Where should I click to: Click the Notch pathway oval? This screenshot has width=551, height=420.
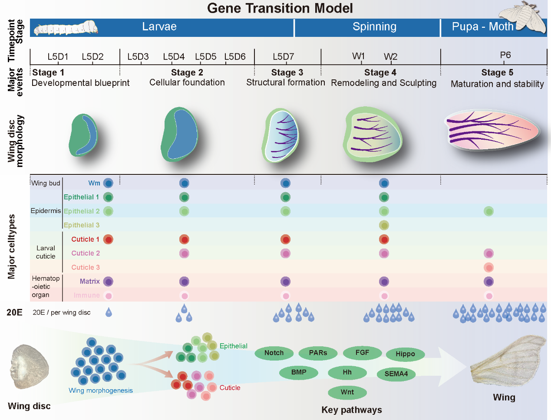[x=274, y=353]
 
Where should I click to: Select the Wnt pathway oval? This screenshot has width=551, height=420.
[x=347, y=392]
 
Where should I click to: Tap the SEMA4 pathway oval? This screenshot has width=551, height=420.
[x=396, y=374]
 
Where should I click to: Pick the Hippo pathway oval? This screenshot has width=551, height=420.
[x=405, y=354]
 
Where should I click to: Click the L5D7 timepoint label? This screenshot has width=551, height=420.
[x=283, y=57]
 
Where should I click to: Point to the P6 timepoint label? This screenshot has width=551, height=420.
[x=505, y=55]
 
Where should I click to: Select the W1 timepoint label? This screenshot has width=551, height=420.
[x=359, y=56]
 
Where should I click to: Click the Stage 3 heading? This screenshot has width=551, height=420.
[x=287, y=72]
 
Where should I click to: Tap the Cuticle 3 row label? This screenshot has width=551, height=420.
[x=86, y=267]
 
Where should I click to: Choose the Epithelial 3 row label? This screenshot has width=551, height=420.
[x=82, y=225]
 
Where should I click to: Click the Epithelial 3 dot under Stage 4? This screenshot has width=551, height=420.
[x=384, y=225]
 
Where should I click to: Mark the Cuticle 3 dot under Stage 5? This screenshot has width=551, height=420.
[x=489, y=267]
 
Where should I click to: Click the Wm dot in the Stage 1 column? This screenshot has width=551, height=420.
[x=108, y=183]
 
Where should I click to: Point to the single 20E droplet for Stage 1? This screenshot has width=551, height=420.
[x=109, y=312]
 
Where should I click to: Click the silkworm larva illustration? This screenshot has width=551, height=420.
[x=66, y=28]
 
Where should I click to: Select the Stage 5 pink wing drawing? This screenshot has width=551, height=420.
[x=492, y=130]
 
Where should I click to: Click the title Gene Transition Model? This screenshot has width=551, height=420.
[x=280, y=8]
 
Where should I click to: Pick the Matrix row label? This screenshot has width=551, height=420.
[x=90, y=282]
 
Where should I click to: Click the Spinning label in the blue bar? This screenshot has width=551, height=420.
[x=374, y=27]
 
